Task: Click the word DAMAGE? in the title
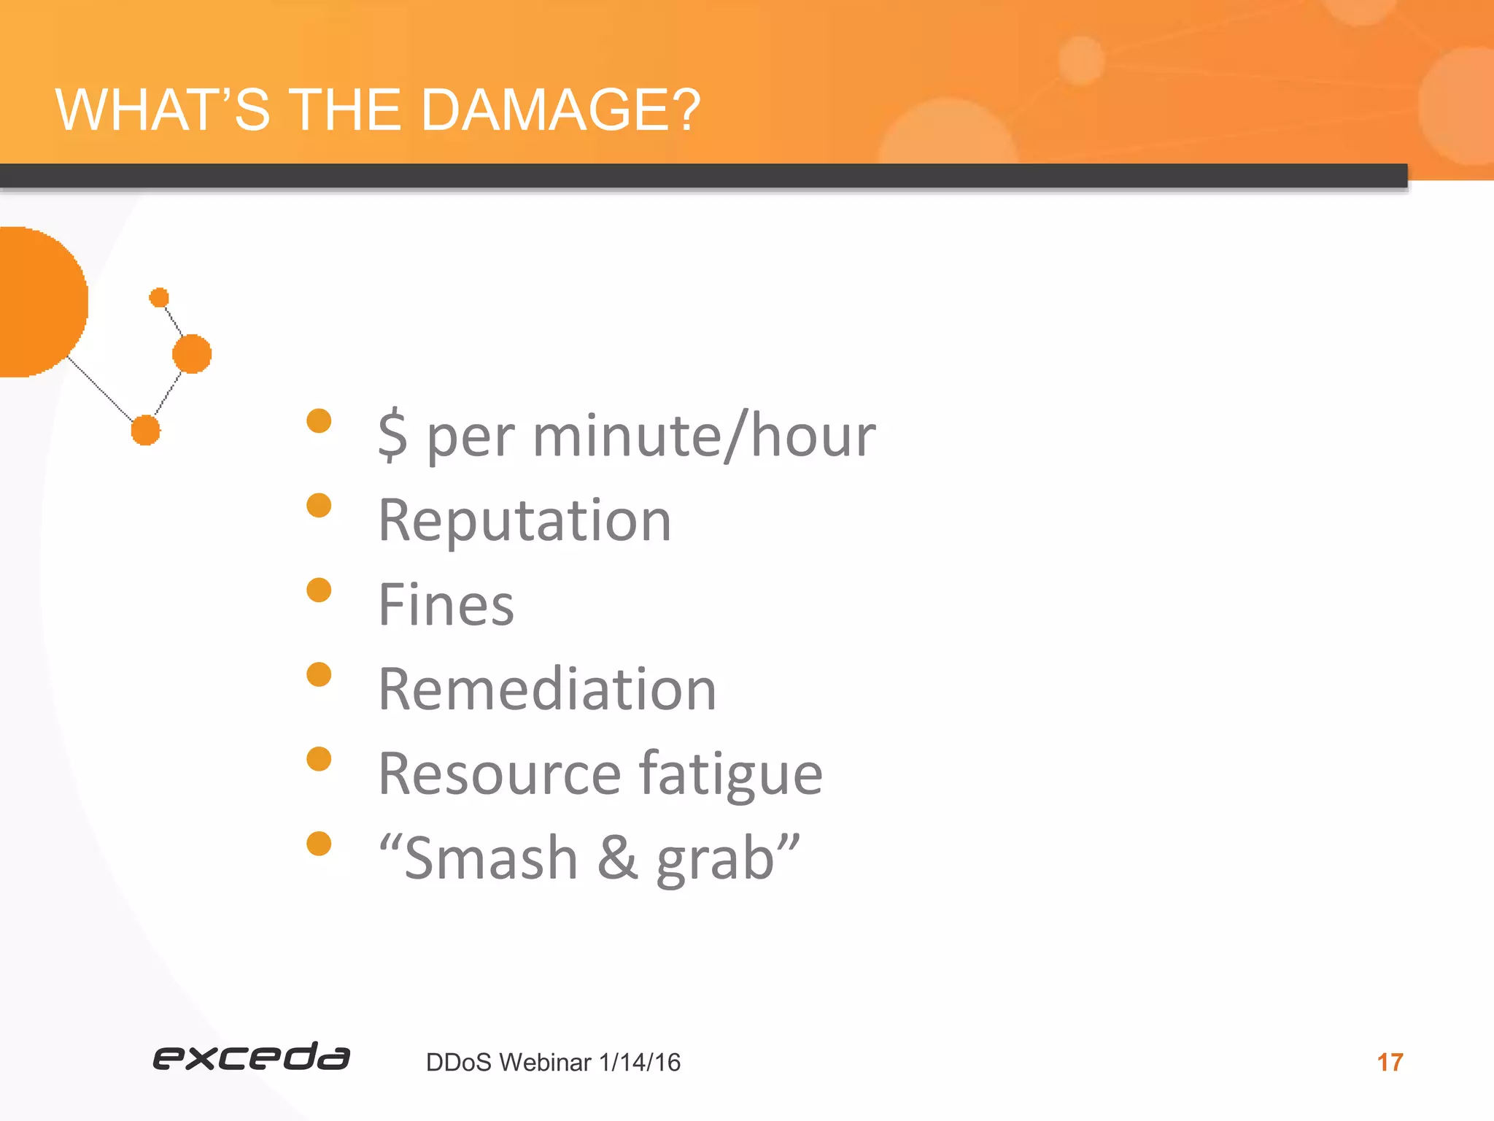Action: coord(560,111)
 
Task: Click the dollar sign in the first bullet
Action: coord(392,435)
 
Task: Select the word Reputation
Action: coord(525,521)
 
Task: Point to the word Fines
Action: coord(446,605)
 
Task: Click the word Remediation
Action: coord(547,690)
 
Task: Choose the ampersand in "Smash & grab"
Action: coord(617,858)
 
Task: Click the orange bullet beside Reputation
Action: coord(319,505)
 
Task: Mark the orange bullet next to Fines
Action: coord(319,590)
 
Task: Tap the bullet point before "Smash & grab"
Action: coord(319,844)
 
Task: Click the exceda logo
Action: coord(251,1058)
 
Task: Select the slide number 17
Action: coord(1390,1063)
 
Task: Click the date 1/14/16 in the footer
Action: coord(640,1063)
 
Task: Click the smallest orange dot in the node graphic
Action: coord(159,298)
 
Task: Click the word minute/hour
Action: coord(704,436)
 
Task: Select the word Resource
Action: coord(500,774)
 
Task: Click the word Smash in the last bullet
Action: coord(490,858)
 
